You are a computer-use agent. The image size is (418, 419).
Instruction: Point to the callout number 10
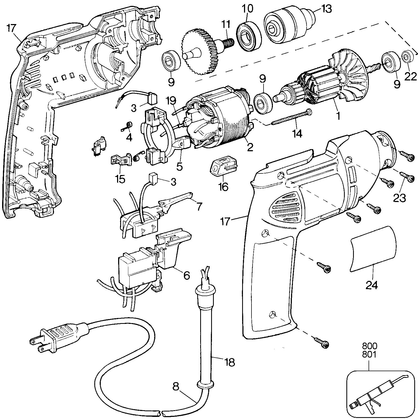[248, 9]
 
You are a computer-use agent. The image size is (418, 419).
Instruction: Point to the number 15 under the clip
[121, 179]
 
